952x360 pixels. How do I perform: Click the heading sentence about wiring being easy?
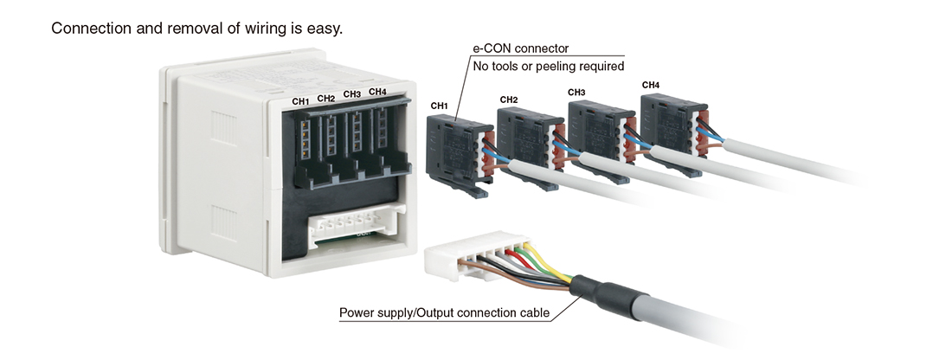(197, 29)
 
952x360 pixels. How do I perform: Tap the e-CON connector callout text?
(519, 48)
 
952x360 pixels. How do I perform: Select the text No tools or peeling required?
(548, 66)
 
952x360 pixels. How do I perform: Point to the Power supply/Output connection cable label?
(444, 312)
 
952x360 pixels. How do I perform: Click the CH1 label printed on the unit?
(300, 101)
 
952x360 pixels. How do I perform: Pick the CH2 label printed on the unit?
(326, 98)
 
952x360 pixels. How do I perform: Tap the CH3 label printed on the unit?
(352, 94)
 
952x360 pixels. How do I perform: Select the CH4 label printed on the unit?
(378, 91)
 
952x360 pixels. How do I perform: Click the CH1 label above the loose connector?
(439, 106)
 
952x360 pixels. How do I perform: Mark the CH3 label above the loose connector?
(576, 92)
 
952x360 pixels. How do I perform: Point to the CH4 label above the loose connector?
(651, 85)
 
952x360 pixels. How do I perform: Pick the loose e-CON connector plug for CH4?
(667, 122)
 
